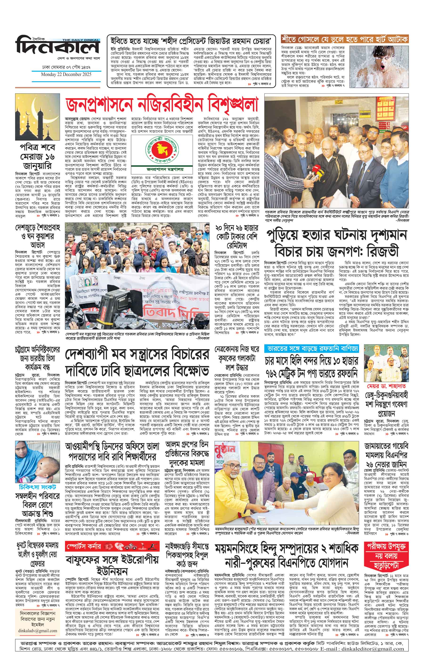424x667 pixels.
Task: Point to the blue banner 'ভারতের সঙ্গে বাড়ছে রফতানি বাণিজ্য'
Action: coord(311,348)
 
